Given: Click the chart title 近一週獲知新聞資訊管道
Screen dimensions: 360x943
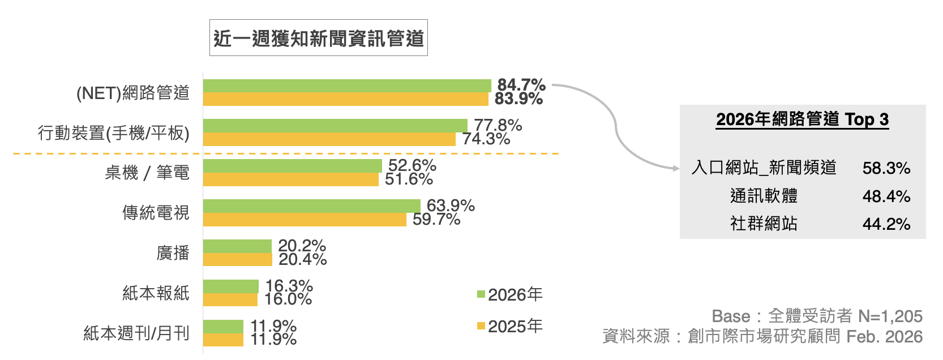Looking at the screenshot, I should (319, 38).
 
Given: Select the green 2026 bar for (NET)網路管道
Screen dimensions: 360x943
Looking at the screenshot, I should (346, 85).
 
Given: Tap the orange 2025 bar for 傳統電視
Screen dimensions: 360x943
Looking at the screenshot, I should (305, 220).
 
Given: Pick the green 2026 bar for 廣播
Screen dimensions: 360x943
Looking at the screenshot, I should (237, 246).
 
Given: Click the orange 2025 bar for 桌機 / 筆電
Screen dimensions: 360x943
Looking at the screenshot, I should (290, 179).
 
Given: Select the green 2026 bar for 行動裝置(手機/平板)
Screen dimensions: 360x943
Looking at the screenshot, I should (335, 126).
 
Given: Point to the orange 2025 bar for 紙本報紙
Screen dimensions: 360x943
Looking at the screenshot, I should (230, 299).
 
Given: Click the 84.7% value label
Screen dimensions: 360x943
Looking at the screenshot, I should (521, 85).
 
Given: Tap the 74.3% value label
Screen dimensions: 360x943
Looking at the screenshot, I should (486, 139).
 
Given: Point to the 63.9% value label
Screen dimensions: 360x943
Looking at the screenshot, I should (450, 205).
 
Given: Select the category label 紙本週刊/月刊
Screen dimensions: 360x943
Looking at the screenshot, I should (136, 333).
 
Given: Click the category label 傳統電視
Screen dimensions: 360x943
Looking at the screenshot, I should (156, 213).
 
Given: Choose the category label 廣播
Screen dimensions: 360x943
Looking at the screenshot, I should (173, 253).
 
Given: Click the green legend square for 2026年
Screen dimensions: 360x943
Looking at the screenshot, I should (481, 294).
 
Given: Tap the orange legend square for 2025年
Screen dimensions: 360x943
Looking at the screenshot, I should (481, 326).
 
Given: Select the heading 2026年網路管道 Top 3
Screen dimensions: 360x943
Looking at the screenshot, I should (802, 119).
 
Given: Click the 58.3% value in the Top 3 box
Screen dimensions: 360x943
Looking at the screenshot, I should (886, 168).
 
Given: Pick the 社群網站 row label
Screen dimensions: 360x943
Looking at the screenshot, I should (764, 224).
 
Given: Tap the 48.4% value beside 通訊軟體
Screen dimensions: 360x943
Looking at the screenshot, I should (886, 196).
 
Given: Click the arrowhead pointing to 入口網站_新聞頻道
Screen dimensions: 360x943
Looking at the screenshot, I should (675, 168).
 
